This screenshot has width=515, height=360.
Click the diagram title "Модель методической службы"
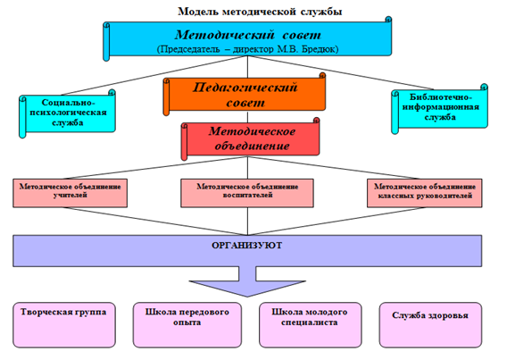(x=260, y=12)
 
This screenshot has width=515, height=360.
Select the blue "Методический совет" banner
(x=247, y=38)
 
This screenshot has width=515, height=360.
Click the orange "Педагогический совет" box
(x=245, y=95)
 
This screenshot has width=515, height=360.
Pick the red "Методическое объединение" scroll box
(x=250, y=139)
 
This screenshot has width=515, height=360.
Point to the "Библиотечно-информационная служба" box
(x=440, y=108)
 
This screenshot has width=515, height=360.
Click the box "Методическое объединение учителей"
(x=70, y=193)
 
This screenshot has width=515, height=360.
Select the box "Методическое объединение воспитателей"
(x=247, y=193)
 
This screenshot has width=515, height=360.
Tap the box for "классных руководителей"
(x=425, y=193)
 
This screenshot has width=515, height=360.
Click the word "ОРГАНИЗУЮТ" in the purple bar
(x=246, y=246)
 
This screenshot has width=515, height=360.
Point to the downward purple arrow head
(x=247, y=289)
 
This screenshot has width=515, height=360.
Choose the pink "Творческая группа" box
(x=64, y=325)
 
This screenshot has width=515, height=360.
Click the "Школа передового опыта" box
(x=187, y=325)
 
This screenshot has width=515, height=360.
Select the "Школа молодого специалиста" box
(x=310, y=325)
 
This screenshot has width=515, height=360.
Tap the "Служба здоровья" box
(x=430, y=325)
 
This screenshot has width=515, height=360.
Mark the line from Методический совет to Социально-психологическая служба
(x=154, y=75)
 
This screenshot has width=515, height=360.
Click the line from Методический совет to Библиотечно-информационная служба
(x=341, y=72)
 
